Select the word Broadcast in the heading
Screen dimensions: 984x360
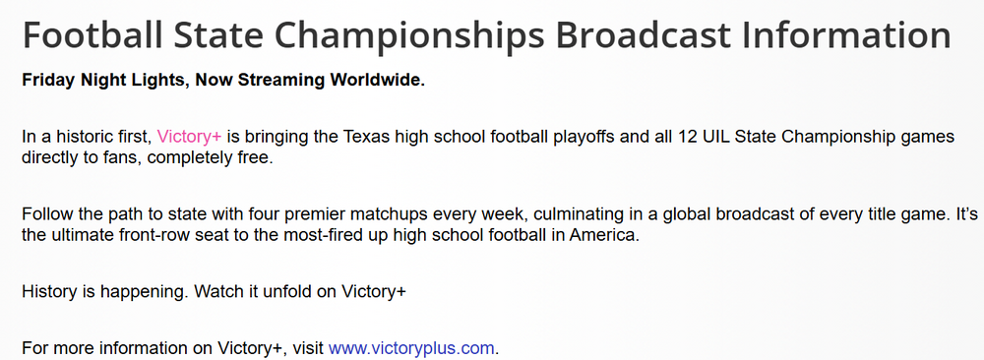coord(642,35)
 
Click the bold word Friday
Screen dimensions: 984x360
coord(48,81)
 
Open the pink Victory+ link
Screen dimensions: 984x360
coord(189,136)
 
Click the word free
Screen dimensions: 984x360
coord(257,157)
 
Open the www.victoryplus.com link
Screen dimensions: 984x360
coord(411,347)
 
